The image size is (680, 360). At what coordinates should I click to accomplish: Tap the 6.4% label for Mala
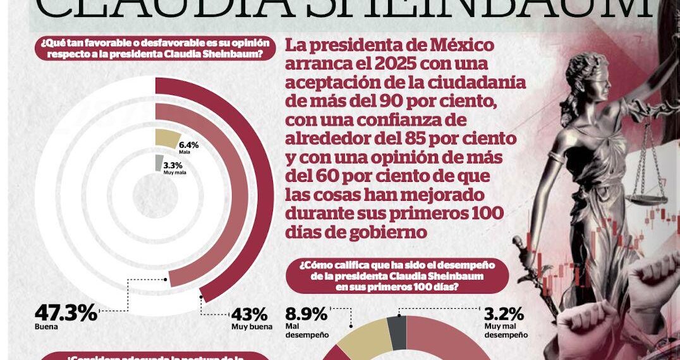coord(189,145)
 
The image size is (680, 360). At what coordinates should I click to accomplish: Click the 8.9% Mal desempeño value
coord(307,314)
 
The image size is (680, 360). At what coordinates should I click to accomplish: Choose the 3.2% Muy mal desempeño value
coord(504,314)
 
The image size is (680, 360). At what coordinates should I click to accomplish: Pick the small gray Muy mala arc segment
coord(159,163)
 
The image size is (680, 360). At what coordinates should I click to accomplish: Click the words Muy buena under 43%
coord(252,327)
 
